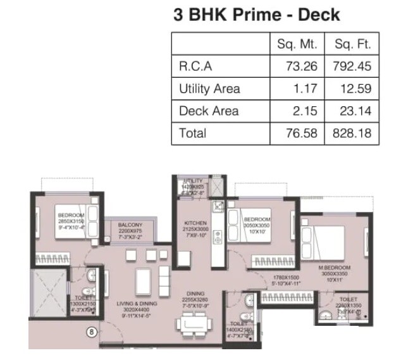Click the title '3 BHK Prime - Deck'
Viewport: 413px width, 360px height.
tap(256, 15)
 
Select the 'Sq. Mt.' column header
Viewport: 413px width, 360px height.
tap(297, 45)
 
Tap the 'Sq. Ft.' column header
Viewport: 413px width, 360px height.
tap(352, 45)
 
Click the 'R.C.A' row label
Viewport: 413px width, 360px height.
tap(195, 66)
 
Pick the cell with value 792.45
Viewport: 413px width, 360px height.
tap(352, 66)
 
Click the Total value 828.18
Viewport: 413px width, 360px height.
tap(352, 133)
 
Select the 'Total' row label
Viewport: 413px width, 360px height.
tap(192, 133)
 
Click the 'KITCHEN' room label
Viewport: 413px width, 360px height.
tap(195, 223)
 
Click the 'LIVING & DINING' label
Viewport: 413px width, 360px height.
tap(138, 304)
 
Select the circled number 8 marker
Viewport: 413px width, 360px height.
tap(91, 331)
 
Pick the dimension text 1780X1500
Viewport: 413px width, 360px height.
tap(285, 276)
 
